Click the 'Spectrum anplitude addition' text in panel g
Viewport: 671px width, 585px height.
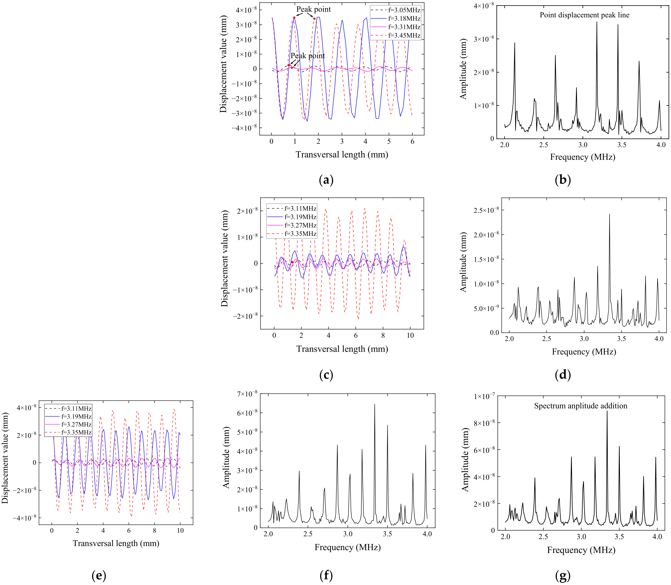pyautogui.click(x=580, y=406)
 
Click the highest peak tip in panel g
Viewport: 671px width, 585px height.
pyautogui.click(x=607, y=411)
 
